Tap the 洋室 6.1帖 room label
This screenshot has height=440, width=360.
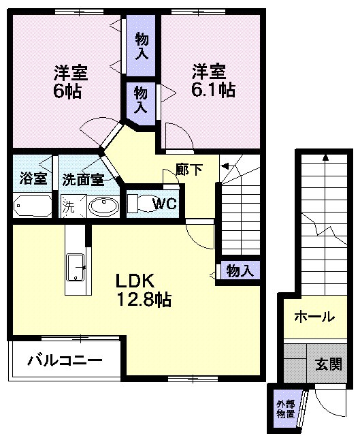(213, 80)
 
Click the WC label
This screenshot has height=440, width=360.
(164, 203)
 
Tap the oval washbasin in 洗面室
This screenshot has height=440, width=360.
(103, 206)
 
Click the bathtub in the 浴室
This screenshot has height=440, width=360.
(31, 206)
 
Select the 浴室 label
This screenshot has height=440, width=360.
(33, 179)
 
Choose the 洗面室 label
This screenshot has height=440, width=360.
(82, 180)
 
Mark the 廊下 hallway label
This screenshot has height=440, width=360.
(189, 170)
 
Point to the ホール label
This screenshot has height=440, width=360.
(314, 317)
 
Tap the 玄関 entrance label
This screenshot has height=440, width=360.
(328, 364)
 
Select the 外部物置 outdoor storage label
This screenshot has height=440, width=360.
(285, 409)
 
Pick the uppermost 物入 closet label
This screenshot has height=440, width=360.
(142, 45)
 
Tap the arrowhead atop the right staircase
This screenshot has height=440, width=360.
(325, 157)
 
